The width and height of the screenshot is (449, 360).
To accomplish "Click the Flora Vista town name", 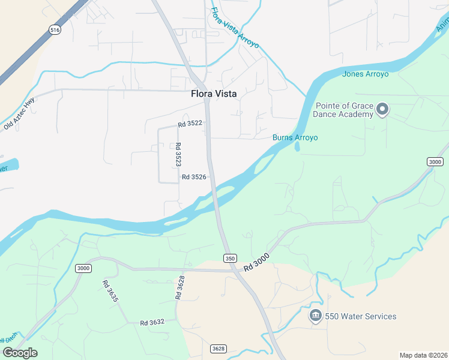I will tap(214, 94).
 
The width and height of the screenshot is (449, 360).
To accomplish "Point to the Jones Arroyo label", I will tap(365, 74).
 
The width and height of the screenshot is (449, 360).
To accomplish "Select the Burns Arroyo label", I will tap(295, 137).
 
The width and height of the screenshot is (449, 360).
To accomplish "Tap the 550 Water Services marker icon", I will tap(315, 316).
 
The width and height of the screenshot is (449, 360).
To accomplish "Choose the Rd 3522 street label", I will tap(190, 124).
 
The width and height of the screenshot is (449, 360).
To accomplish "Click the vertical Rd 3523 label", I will tap(178, 154).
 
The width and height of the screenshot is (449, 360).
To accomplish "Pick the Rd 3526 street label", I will tap(194, 177).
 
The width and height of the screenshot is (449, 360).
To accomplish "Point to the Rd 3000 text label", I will tap(257, 262).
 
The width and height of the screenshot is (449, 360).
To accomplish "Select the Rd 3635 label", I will tap(110, 291).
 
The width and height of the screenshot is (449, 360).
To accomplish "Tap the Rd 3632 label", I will tap(152, 323).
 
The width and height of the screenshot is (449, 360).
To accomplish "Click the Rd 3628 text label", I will tap(179, 287).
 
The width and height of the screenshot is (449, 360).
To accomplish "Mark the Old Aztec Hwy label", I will tap(19, 116).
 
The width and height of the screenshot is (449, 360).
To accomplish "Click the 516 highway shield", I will tap(55, 29).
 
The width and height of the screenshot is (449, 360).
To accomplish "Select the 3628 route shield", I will tap(218, 349).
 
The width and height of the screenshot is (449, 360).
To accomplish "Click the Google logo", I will tap(20, 353).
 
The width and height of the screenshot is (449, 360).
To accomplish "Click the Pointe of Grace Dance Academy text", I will tap(343, 110).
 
